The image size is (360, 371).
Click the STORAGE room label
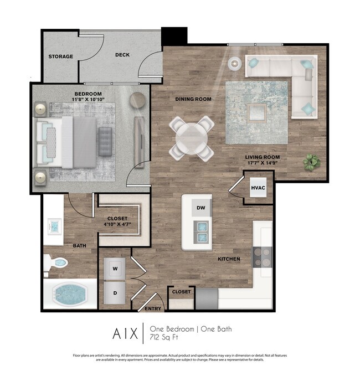tap(61, 56)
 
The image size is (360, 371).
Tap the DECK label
tap(122, 55)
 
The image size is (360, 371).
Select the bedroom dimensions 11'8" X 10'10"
tap(88, 100)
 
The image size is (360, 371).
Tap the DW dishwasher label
tap(200, 208)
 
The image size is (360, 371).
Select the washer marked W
tap(115, 269)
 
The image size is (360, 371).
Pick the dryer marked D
tap(115, 292)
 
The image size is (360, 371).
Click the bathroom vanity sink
tap(54, 227)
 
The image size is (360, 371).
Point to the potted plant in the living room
tap(311, 162)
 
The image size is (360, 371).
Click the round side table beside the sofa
tap(235, 63)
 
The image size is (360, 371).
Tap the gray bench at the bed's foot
tap(105, 141)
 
